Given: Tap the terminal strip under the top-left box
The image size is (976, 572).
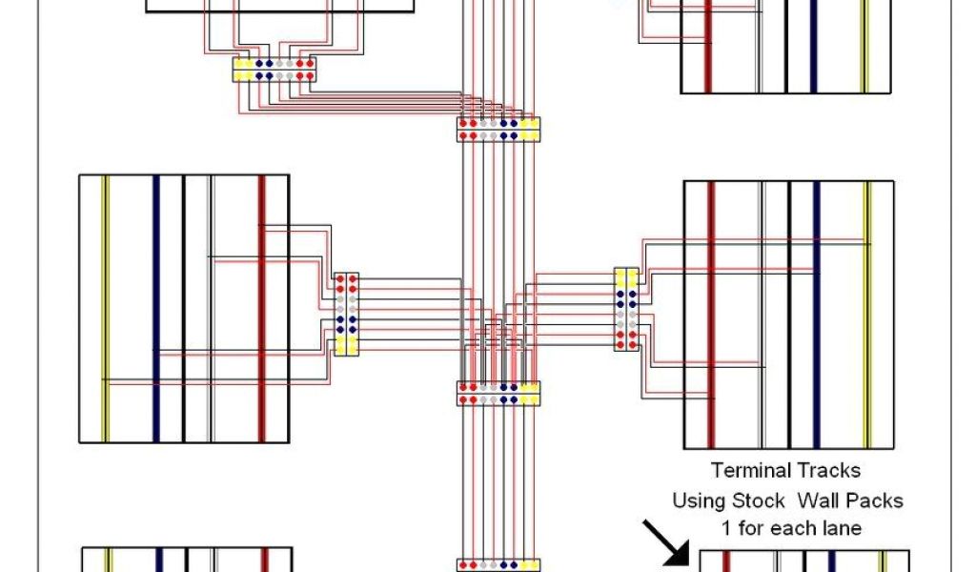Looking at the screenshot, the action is (x=274, y=70).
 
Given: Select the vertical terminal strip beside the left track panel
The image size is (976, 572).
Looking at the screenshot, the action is (x=346, y=315).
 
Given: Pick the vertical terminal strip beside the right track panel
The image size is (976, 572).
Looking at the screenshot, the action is (x=626, y=308).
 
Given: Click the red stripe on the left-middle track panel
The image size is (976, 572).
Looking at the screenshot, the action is (x=261, y=308).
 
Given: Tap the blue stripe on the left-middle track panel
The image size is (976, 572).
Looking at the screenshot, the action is (x=156, y=308).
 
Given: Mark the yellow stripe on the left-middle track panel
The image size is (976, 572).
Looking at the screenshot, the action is (x=106, y=308).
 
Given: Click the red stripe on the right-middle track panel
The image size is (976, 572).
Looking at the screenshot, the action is (x=711, y=315).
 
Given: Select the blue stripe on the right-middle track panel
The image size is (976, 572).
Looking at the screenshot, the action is (x=816, y=315).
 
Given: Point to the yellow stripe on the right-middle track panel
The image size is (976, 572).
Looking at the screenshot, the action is (x=866, y=315).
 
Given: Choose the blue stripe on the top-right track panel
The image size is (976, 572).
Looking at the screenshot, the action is (x=814, y=48).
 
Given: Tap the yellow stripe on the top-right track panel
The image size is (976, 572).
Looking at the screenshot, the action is (x=864, y=48).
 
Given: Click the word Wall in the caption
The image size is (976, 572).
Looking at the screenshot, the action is (x=821, y=500).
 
